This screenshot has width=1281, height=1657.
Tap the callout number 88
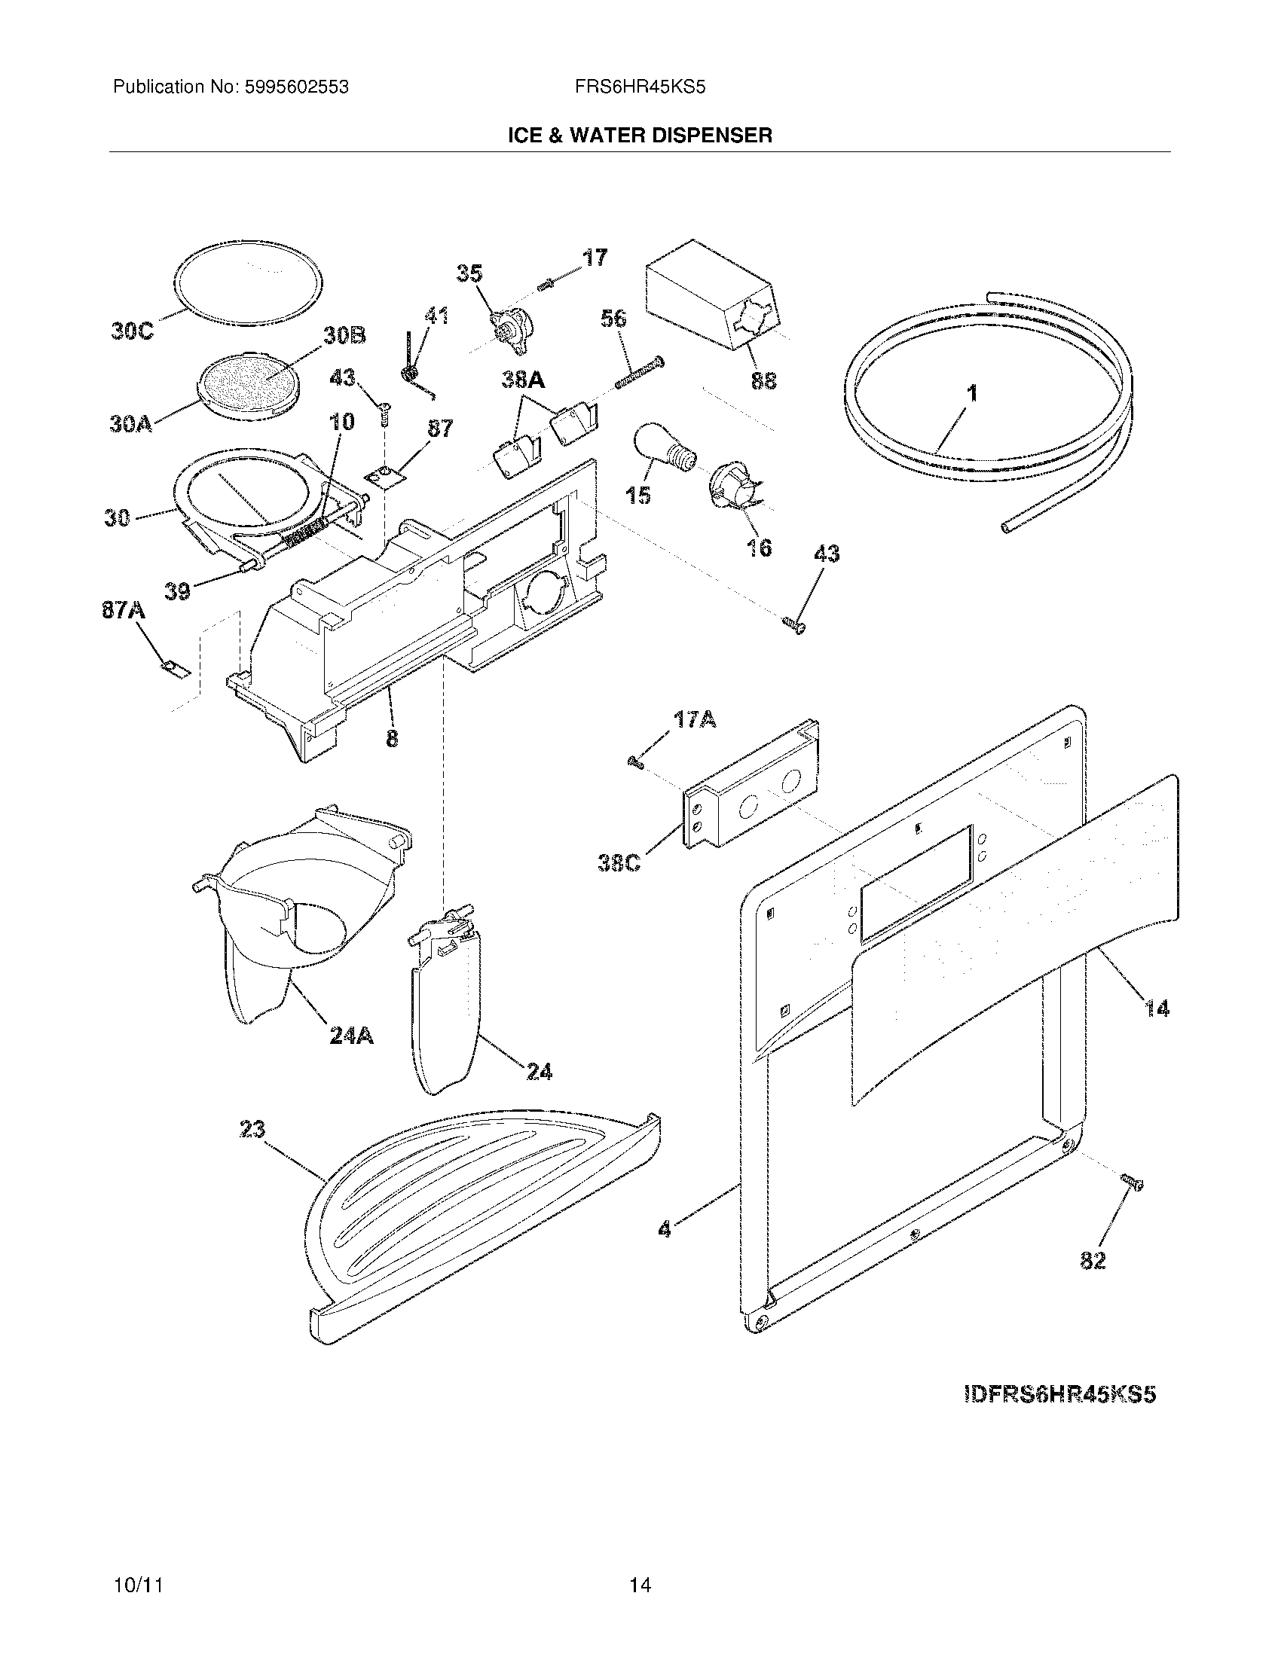(x=763, y=380)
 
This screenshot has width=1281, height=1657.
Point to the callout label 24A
(x=351, y=1035)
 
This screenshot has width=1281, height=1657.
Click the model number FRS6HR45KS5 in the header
(x=640, y=87)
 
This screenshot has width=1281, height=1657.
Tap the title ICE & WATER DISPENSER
(x=640, y=136)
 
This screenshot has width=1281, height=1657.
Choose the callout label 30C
(x=133, y=331)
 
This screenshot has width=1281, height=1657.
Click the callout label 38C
(x=619, y=863)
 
